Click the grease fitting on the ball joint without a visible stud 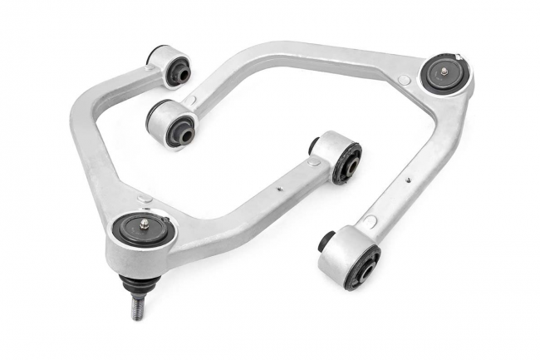point(444,73)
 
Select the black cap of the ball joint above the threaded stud point(141,230)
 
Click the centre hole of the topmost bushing point(177,74)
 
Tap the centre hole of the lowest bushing point(362,270)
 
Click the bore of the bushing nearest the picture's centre point(347,162)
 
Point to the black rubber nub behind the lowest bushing point(326,241)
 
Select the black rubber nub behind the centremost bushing point(315,145)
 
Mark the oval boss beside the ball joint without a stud point(404,81)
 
